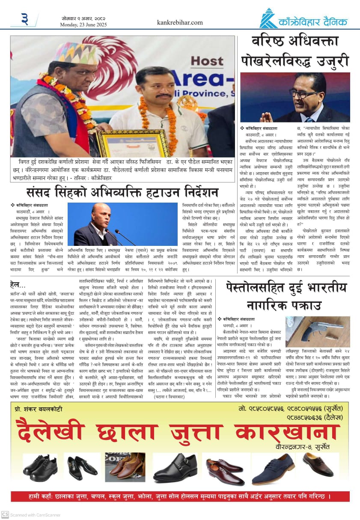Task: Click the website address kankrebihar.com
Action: (x=180, y=22)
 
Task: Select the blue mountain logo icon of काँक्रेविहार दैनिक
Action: (x=268, y=18)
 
